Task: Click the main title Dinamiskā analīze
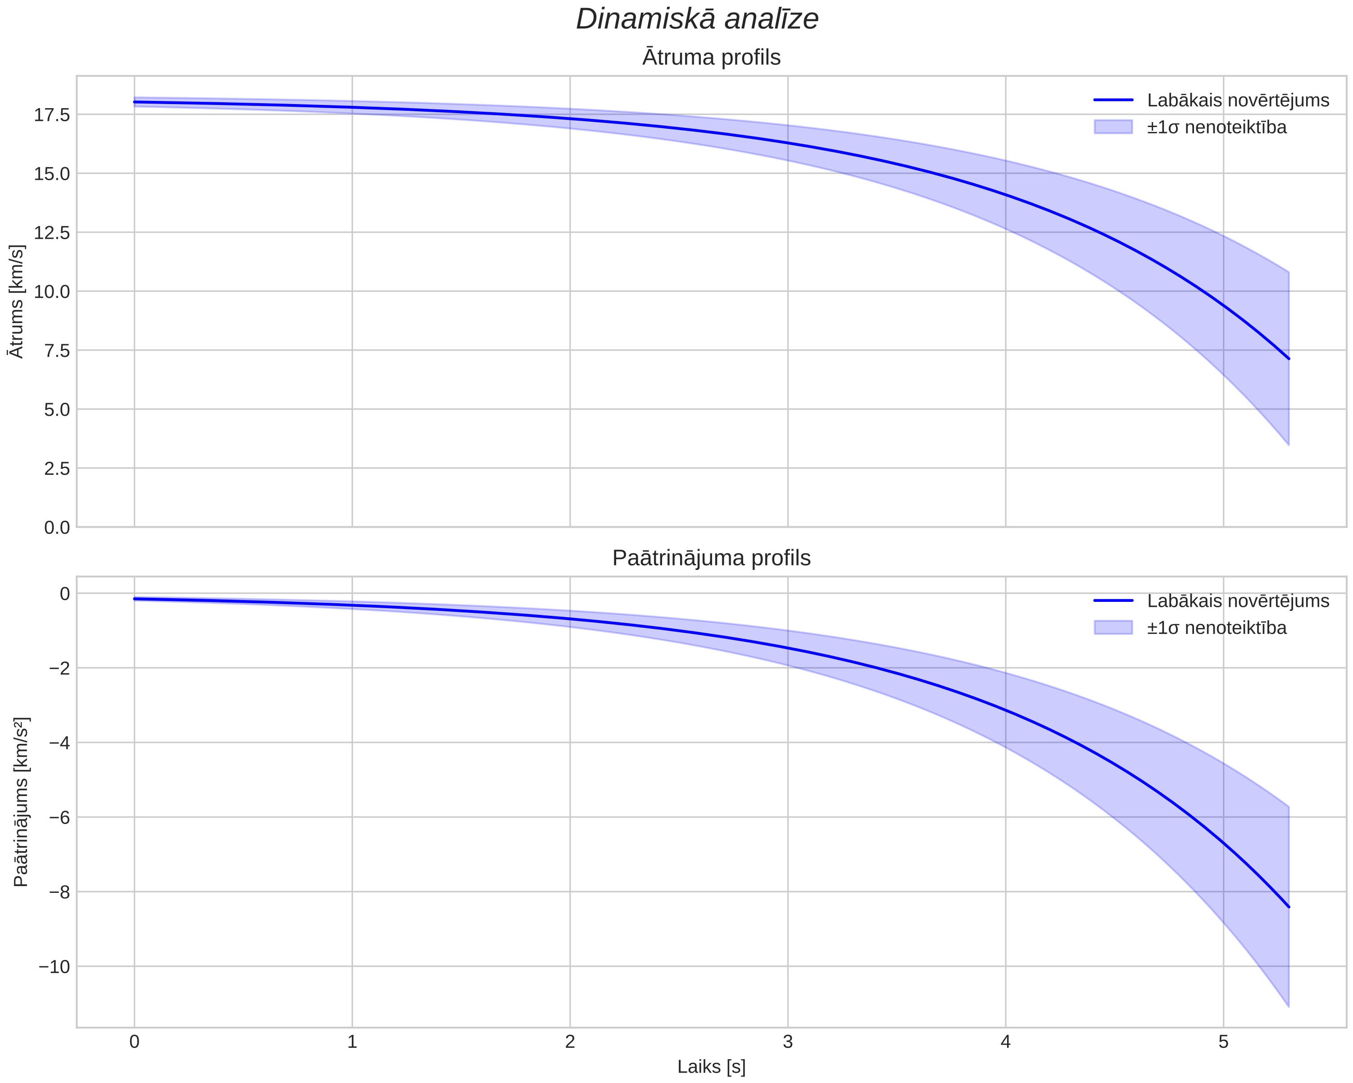(697, 19)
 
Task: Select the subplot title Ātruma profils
(711, 58)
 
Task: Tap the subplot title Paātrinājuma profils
(711, 558)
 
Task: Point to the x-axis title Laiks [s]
(711, 1067)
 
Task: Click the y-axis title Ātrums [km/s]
(18, 301)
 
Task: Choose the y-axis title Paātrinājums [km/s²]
(20, 802)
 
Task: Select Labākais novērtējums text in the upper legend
(1238, 100)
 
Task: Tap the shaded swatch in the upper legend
(1113, 127)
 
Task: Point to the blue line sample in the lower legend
(1113, 601)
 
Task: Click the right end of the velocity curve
(1288, 359)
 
